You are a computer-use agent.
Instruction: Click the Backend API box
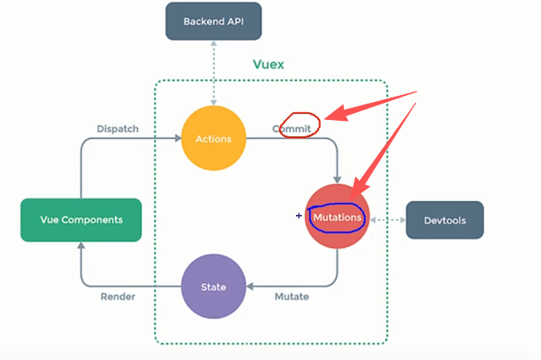214,21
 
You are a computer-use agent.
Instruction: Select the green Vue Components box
81,219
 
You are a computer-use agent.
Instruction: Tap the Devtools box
444,220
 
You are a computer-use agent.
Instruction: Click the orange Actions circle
212,138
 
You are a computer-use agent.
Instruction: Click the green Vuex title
268,65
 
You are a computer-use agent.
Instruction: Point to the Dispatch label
117,129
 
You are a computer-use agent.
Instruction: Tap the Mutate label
292,297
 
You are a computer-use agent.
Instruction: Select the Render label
116,297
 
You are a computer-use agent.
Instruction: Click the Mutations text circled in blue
337,218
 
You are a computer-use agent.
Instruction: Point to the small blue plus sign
299,216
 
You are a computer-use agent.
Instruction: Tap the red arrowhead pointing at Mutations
359,192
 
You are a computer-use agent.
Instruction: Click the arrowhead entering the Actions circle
176,138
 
